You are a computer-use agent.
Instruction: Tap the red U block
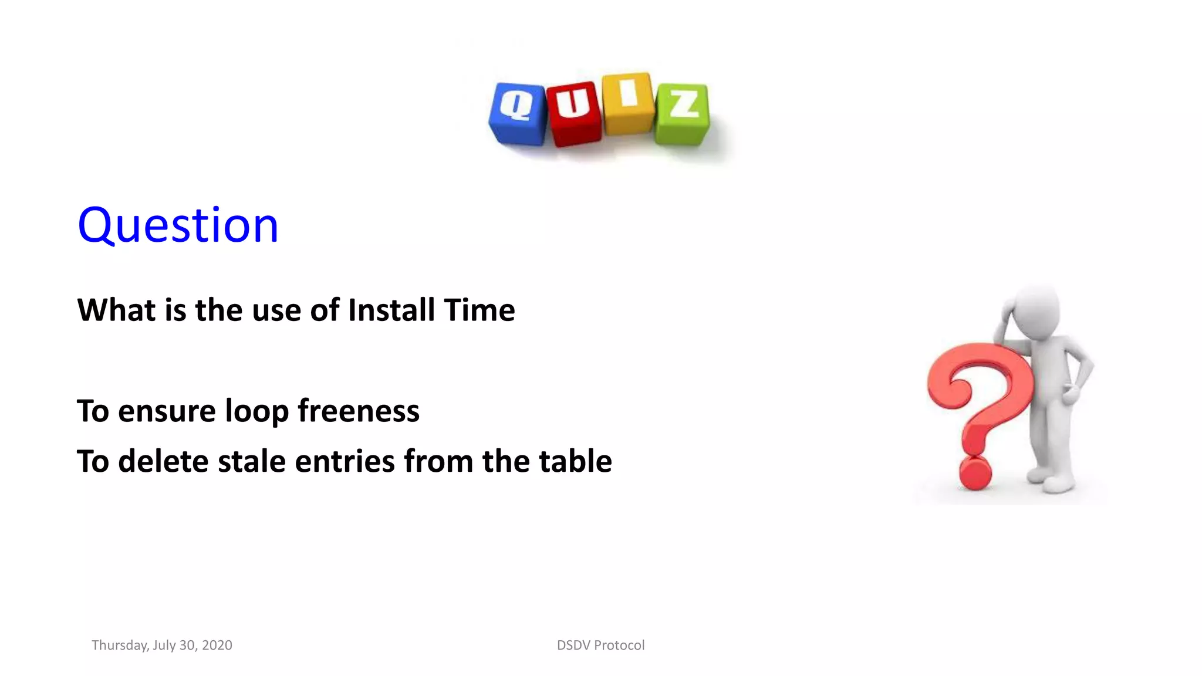coord(573,114)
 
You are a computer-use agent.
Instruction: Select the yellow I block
coord(627,103)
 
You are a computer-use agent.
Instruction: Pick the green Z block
coord(682,114)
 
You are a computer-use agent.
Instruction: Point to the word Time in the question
coord(480,310)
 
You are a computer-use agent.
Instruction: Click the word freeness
coord(359,411)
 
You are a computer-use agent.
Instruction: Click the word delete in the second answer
coord(163,461)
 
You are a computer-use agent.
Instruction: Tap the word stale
coord(252,461)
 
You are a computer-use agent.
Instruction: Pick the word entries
coord(345,461)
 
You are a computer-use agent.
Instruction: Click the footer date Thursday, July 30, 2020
coord(162,645)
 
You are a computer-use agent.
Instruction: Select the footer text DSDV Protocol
coord(600,645)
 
